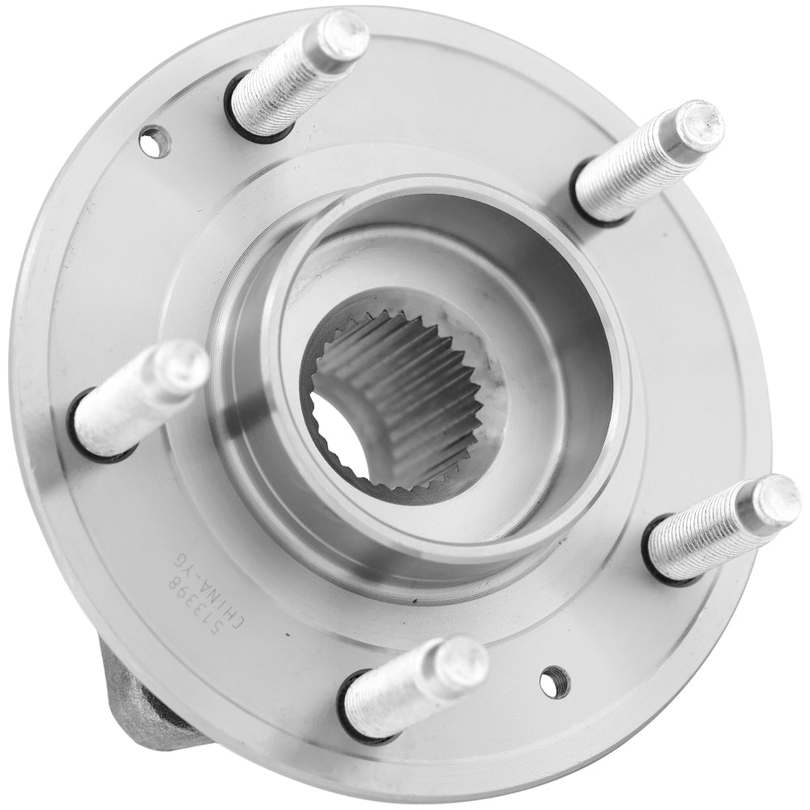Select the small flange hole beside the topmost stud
point(155,143)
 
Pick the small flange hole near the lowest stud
point(555,681)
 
